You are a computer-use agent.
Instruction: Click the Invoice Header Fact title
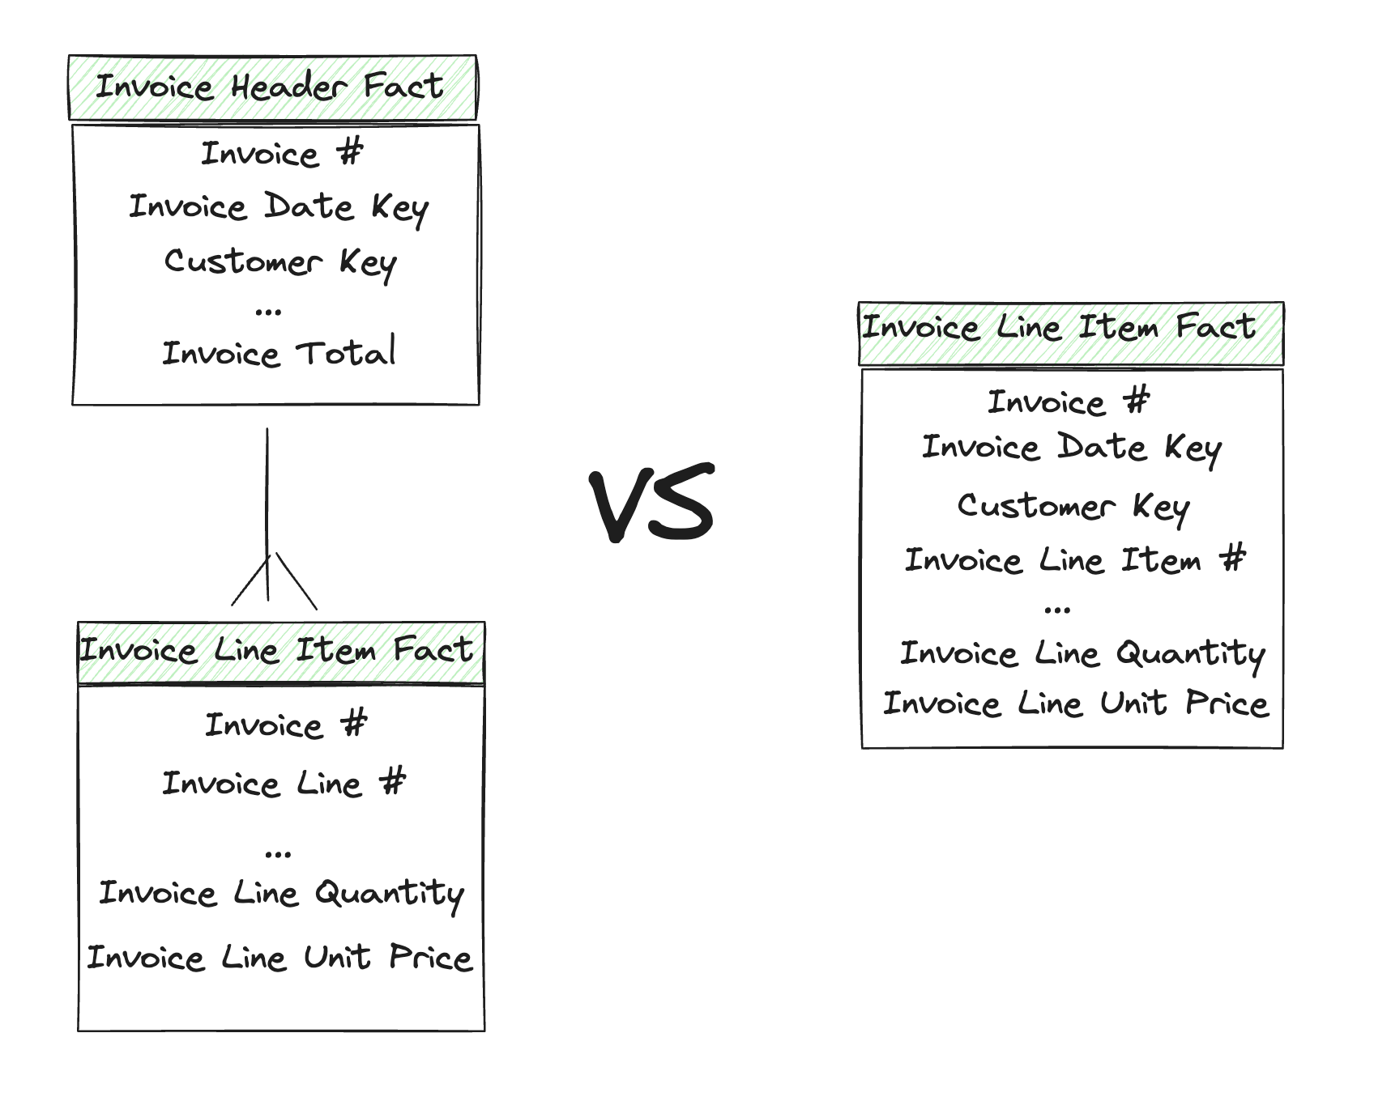271,87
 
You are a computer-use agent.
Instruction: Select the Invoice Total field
279,353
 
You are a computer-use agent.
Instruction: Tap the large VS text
653,504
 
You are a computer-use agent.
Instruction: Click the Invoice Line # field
284,783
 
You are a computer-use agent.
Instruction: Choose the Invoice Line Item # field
1074,559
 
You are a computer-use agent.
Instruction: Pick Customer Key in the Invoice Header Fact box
280,262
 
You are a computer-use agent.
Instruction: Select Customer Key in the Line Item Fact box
1073,507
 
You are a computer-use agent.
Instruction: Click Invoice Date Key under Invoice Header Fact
279,207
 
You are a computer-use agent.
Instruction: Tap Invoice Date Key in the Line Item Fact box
1071,448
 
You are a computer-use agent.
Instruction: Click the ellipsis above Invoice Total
268,311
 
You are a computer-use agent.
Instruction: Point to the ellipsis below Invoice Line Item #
1057,610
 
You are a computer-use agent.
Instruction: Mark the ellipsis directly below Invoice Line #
278,853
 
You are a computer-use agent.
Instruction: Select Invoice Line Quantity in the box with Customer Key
1082,653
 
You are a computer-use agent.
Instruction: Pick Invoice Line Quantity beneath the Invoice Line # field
281,894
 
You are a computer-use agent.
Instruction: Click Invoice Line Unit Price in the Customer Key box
1075,704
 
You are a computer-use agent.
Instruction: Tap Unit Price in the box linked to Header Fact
279,958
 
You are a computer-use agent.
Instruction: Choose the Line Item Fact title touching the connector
276,650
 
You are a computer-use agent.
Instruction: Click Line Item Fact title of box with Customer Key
1059,327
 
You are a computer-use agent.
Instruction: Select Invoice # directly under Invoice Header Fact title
282,153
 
